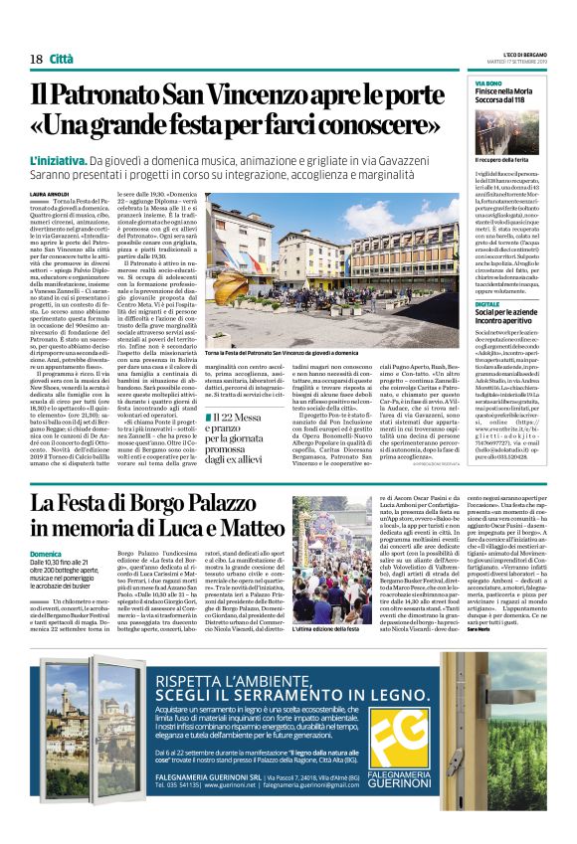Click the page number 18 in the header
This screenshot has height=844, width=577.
36,59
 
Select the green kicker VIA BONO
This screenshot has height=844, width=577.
488,84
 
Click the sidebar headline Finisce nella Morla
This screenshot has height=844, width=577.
508,92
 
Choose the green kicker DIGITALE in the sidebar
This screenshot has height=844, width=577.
487,303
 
